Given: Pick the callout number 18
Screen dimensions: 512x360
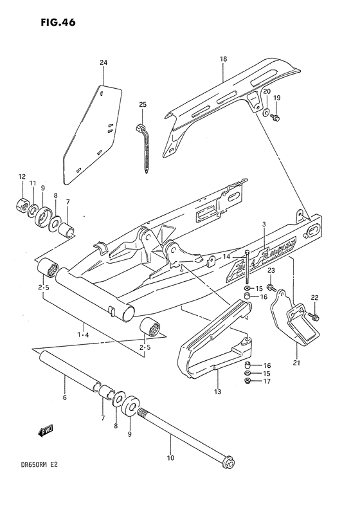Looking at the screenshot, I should tap(223, 59).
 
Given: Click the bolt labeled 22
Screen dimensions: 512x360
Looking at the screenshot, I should tap(314, 316).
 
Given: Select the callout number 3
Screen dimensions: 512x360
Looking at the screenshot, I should tap(264, 224).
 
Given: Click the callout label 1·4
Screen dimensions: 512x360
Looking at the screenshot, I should tap(84, 334).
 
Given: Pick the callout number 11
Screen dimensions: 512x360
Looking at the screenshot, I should tap(33, 184).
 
